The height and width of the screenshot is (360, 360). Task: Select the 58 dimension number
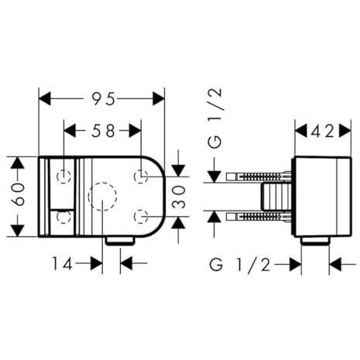pos(103,131)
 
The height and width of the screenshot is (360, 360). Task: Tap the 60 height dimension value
pos(19,194)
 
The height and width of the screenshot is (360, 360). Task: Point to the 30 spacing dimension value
pos(179,197)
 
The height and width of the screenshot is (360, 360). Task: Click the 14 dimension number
pos(63,264)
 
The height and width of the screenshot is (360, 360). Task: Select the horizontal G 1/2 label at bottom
pos(240,265)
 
